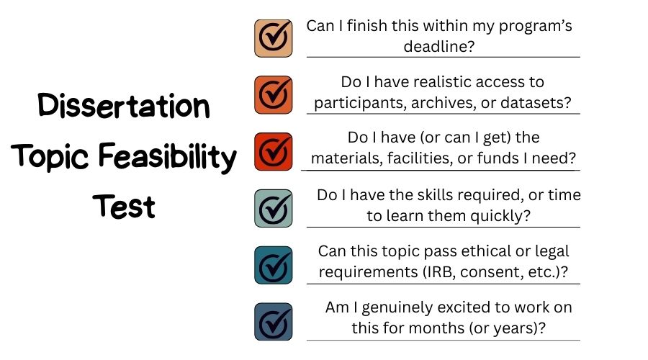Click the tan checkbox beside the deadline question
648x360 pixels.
point(273,38)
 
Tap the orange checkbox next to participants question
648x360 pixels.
point(273,94)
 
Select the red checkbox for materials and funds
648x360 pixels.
point(273,152)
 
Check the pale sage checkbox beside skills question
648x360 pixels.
point(273,208)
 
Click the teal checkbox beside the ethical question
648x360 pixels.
point(273,265)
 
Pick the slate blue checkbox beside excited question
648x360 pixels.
point(273,322)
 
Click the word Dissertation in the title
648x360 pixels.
point(124,105)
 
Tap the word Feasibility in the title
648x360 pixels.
point(167,157)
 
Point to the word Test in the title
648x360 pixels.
point(124,206)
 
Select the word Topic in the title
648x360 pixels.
point(50,157)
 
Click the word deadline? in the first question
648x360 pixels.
point(439,46)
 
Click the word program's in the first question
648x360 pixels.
point(535,27)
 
